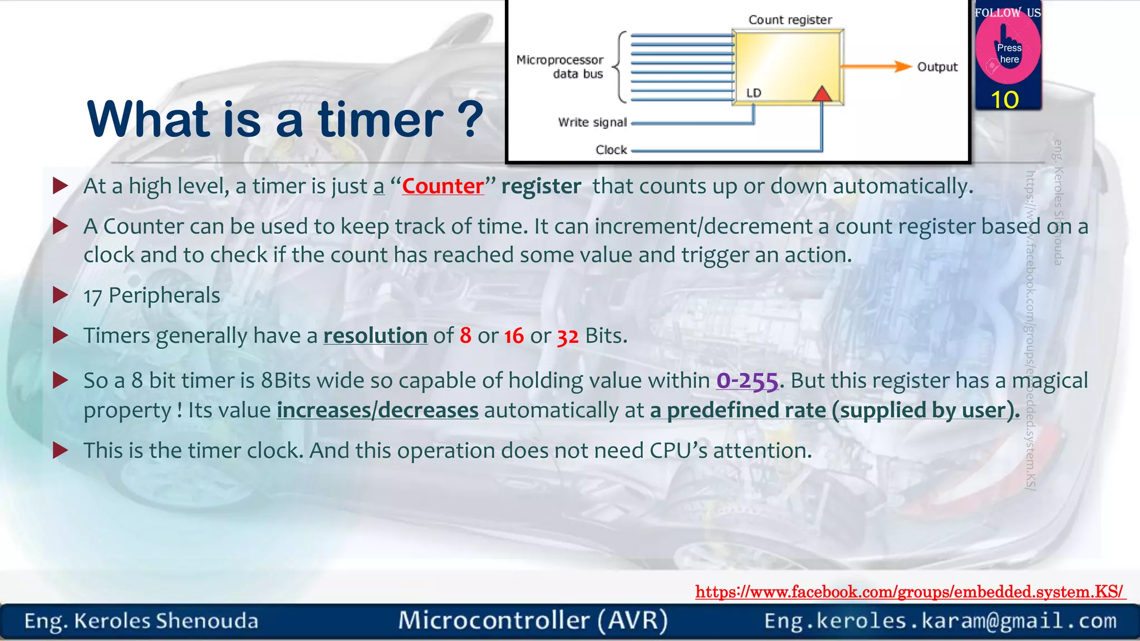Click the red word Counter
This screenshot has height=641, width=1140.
pos(443,186)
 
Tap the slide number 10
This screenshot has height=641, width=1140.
pos(1004,100)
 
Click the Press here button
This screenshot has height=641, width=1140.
pos(1008,53)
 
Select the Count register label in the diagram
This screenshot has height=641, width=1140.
pos(790,20)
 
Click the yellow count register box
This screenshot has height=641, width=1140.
pos(787,64)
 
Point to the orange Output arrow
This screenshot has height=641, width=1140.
pos(876,67)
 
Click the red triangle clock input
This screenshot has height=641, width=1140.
pos(822,94)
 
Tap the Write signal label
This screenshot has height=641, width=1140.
pos(592,122)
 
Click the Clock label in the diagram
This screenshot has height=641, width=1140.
pos(611,150)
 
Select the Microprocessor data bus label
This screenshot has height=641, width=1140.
pos(561,67)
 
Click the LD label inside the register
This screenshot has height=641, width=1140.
pos(754,93)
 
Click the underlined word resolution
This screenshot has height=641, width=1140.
pos(375,336)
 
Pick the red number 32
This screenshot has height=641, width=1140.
pos(568,337)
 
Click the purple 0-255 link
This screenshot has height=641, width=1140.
pos(746,381)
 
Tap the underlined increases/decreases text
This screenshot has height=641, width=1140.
pos(377,411)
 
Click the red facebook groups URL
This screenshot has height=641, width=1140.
pos(910,591)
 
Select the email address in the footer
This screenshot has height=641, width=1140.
pos(940,621)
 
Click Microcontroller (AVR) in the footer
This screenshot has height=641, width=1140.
pos(533,620)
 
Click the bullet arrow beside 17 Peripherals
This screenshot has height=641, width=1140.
pos(60,295)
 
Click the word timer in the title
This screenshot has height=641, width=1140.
pos(381,119)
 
